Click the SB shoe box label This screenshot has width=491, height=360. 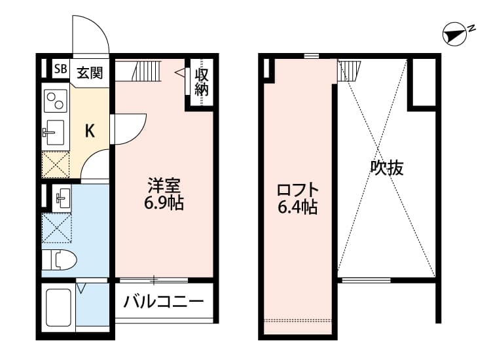click(60, 69)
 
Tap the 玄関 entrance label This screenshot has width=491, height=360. click(90, 72)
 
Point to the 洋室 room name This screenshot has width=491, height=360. click(164, 185)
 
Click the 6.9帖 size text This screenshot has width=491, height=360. click(164, 203)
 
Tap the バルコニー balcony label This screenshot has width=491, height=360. click(164, 302)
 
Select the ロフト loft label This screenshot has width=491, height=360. click(297, 190)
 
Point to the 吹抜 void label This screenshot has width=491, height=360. click(386, 168)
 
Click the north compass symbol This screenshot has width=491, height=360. click(453, 33)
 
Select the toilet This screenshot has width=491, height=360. click(59, 260)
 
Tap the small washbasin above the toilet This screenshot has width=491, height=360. click(62, 197)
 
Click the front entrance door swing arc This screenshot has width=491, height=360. click(90, 36)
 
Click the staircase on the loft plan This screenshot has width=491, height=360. click(349, 69)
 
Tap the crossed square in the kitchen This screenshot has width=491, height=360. click(55, 164)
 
